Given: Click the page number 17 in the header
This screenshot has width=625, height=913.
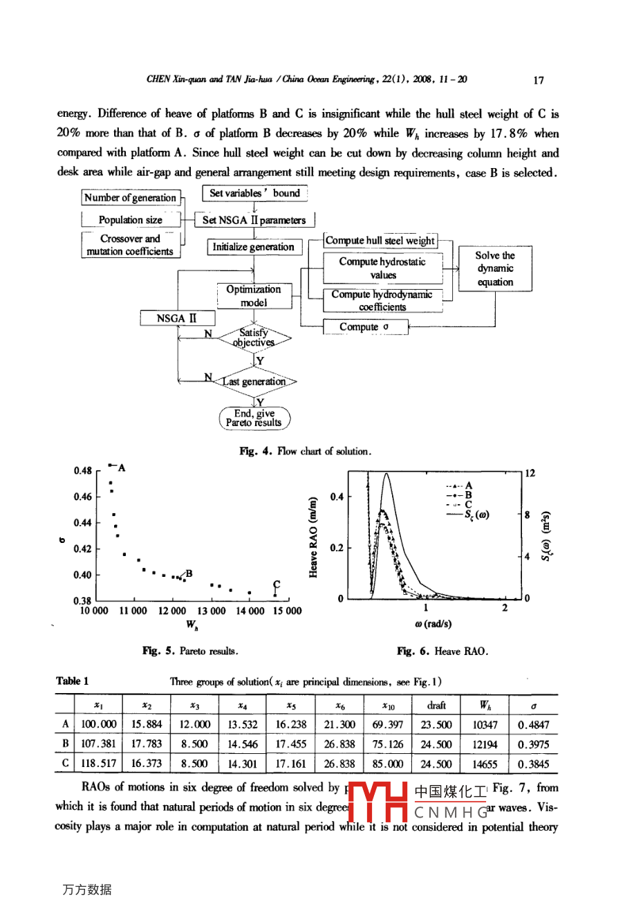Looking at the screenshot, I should tap(539, 80).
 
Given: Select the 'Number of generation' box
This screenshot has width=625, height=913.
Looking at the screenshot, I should tap(131, 198).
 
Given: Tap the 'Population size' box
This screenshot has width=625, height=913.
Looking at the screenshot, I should tap(131, 220).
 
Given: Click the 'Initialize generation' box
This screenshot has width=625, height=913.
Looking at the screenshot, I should tap(253, 247).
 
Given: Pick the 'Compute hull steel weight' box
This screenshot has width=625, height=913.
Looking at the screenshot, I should tap(380, 241).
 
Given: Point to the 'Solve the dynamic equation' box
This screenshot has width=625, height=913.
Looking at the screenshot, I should tap(495, 268).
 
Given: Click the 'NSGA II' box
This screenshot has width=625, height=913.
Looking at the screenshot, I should tap(177, 318).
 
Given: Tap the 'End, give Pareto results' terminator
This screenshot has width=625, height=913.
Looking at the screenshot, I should tap(254, 418).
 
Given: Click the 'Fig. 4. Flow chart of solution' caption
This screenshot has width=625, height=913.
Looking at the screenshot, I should tap(306, 452).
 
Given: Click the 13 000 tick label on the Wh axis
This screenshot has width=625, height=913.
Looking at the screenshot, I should tap(212, 611).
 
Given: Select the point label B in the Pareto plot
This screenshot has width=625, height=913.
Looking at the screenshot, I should tap(189, 573).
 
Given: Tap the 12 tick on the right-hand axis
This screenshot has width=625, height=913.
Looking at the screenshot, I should tap(530, 474).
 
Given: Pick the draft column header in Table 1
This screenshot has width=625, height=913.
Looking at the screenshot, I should tap(436, 705).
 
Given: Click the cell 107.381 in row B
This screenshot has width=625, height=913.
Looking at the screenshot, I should tap(99, 744).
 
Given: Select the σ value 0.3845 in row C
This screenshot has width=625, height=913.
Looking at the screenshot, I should tap(533, 764).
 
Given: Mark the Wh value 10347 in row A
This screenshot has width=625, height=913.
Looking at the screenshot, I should tap(485, 725).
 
